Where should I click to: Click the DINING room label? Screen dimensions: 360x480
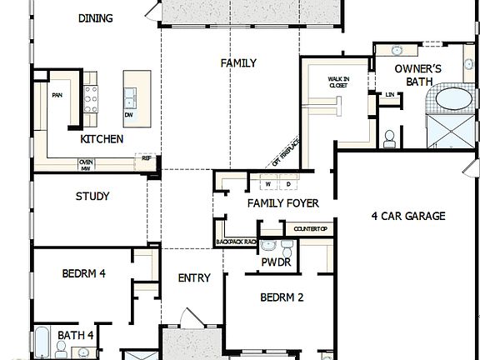point(95,17)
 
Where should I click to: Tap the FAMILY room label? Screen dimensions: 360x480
point(237,63)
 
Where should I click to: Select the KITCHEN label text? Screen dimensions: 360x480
point(97,139)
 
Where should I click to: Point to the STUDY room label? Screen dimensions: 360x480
point(92,197)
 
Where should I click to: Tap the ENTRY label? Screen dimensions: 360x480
point(194,278)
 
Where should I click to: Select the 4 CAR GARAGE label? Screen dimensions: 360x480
point(408,216)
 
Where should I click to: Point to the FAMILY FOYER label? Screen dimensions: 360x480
point(282,203)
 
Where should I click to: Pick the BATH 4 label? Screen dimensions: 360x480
point(75,336)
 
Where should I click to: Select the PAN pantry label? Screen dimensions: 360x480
point(57,95)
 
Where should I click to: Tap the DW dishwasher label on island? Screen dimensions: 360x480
point(129,114)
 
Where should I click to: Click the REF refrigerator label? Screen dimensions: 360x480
point(147,157)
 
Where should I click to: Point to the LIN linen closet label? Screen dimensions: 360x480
point(390,95)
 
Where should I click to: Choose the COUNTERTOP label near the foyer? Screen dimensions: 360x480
point(310,229)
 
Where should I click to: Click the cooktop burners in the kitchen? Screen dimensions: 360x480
point(90,87)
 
